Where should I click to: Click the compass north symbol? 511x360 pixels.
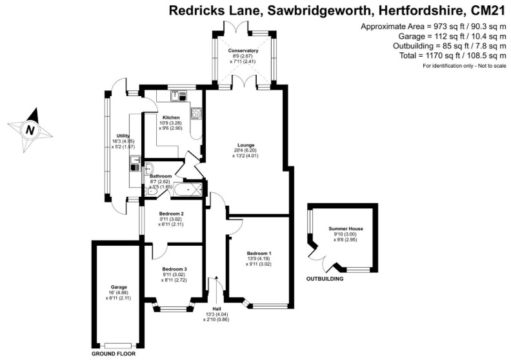coord(30,130)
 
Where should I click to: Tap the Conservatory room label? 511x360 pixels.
coord(243,50)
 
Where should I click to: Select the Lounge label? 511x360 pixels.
coord(245,145)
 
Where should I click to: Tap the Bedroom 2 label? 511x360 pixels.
coord(172,214)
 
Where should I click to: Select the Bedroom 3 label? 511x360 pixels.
coord(174,269)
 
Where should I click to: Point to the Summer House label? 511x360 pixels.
coord(343,229)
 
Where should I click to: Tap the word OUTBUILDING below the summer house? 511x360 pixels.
coord(325,279)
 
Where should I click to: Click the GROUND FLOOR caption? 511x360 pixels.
coord(113,354)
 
